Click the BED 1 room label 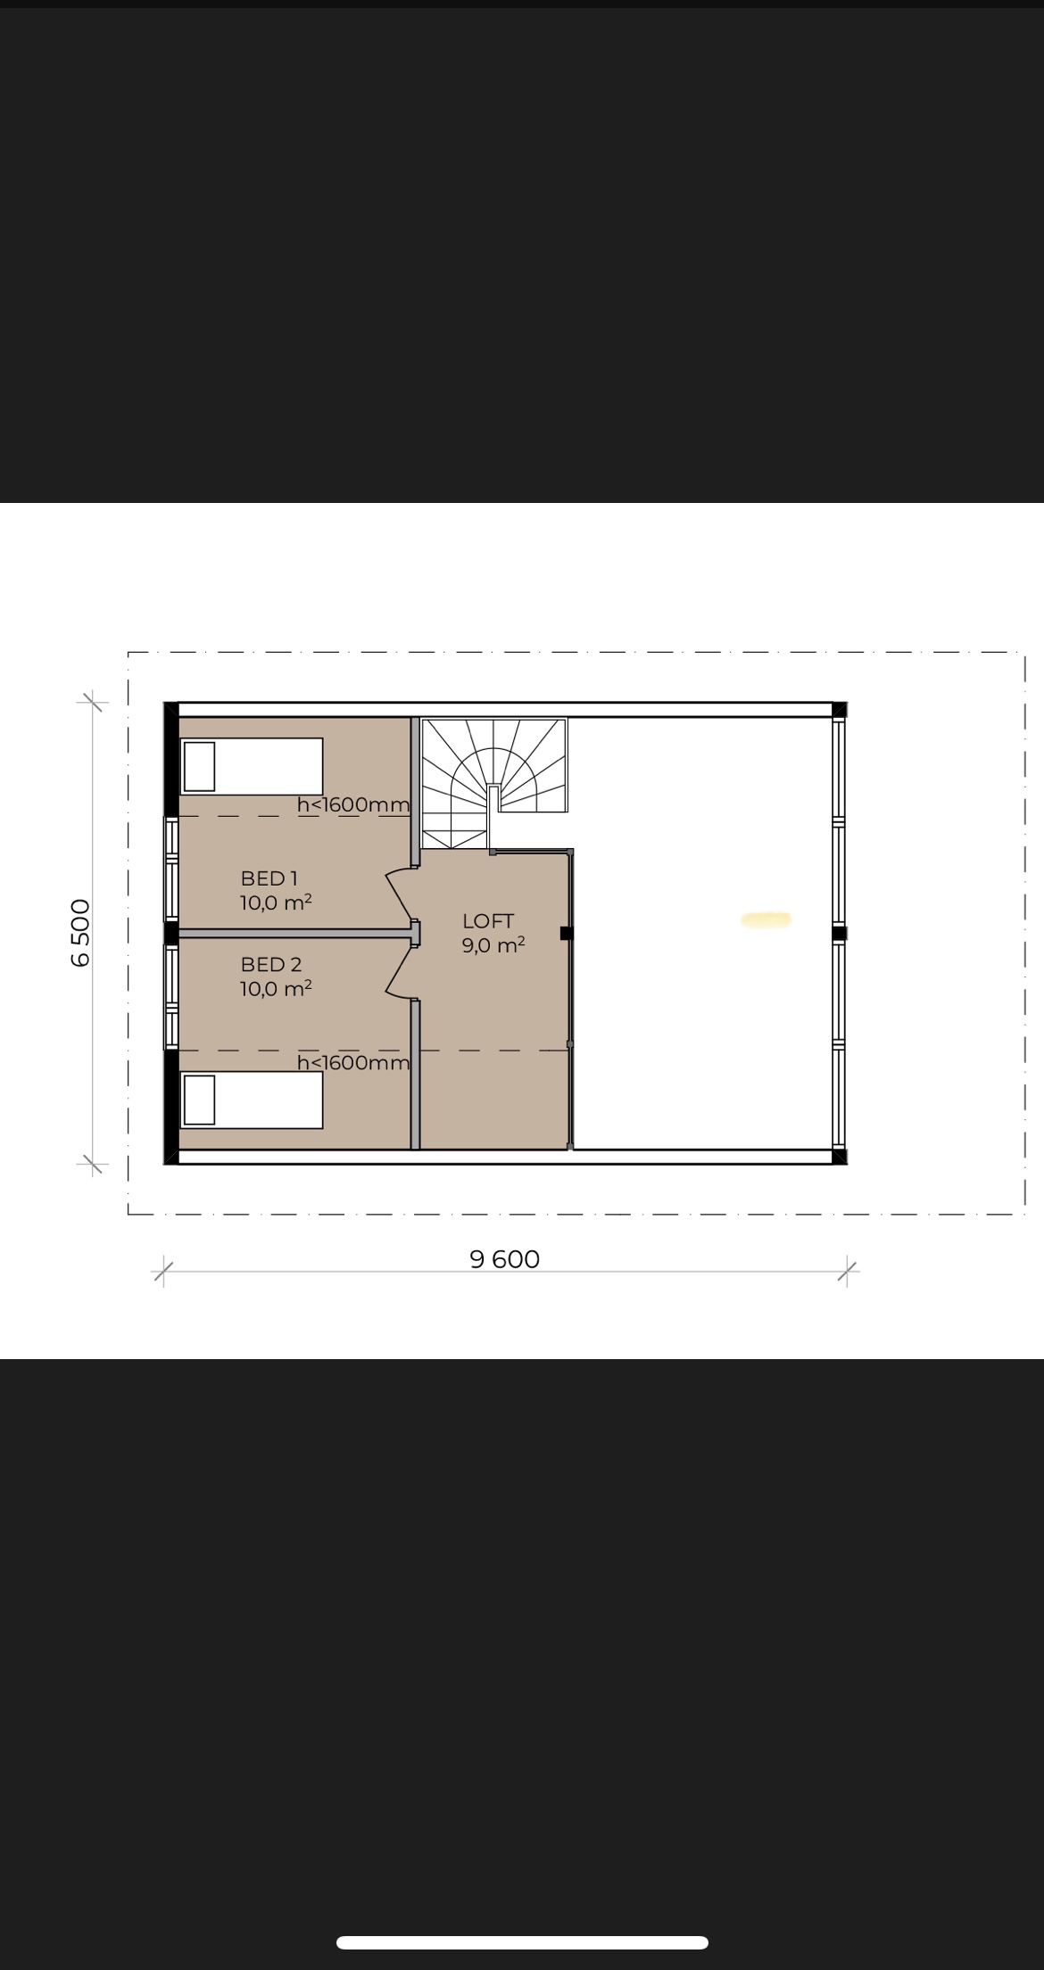(269, 878)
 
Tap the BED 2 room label (271, 964)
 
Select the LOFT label (488, 921)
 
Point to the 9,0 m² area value (493, 945)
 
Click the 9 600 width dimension (504, 1259)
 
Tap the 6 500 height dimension (80, 933)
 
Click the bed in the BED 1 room (252, 765)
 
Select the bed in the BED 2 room (252, 1100)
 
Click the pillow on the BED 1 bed (199, 766)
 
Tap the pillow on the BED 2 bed (199, 1100)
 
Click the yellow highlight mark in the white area (766, 920)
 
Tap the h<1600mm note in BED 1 (353, 804)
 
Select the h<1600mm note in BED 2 (353, 1062)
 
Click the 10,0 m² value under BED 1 (276, 903)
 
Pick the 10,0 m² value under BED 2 (276, 988)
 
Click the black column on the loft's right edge (566, 933)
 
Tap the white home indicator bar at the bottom (522, 1942)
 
